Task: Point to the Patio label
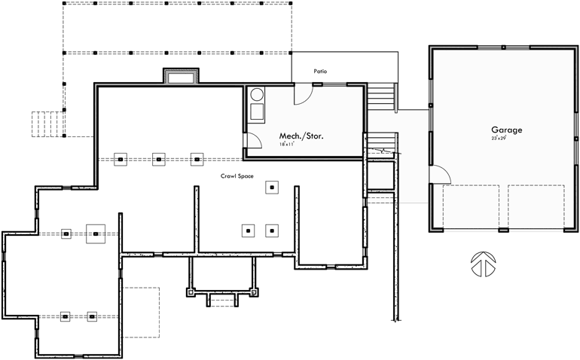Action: pos(321,72)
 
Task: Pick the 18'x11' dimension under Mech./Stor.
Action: pos(286,144)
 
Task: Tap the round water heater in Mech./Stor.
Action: pos(257,95)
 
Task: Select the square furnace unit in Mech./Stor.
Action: pos(256,111)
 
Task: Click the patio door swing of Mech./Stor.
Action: pos(302,94)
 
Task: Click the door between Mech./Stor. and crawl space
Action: pos(249,140)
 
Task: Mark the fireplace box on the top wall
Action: pos(181,76)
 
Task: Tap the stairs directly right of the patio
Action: pos(381,96)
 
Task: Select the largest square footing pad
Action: pos(96,234)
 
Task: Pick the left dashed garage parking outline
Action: pos(472,209)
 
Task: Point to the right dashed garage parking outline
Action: pos(536,209)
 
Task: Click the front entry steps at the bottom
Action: pos(222,301)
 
